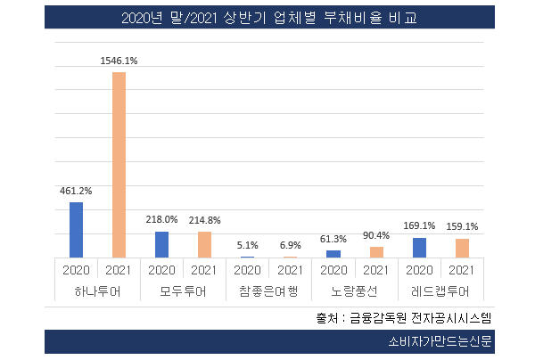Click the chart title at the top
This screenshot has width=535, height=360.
[x=267, y=18]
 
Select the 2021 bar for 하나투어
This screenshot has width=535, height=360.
[x=119, y=165]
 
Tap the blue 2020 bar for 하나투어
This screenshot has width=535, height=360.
[x=76, y=230]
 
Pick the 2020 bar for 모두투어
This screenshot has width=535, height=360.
[x=161, y=244]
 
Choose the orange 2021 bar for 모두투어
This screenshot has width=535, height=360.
[x=204, y=244]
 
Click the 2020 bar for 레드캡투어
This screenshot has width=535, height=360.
[x=419, y=248]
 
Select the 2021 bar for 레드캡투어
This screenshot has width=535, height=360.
[x=462, y=248]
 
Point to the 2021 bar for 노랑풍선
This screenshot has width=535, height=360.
[x=376, y=252]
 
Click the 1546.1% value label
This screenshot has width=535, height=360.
[x=119, y=60]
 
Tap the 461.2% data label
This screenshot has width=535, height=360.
[x=76, y=190]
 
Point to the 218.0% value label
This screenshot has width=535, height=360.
[x=161, y=219]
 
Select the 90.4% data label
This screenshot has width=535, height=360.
[x=376, y=235]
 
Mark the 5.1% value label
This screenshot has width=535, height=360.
[x=247, y=245]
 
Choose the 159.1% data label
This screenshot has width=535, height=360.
[x=462, y=226]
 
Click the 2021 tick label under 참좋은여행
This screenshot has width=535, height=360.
[x=290, y=269]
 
